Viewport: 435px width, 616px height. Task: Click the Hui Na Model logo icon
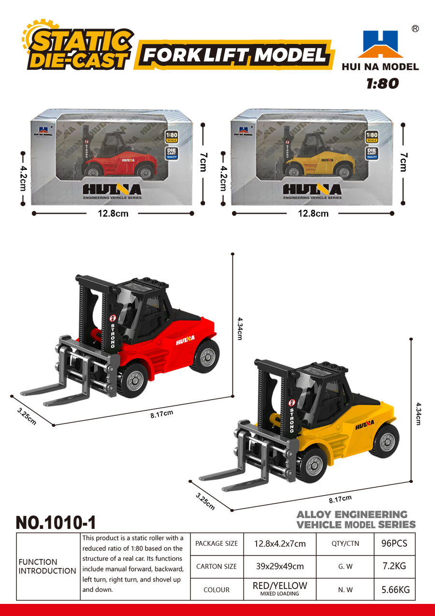[x=380, y=44]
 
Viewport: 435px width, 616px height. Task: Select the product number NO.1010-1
[x=56, y=522]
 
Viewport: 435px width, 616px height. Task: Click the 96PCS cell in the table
[x=394, y=543]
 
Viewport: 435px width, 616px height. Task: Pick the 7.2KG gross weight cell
[x=394, y=566]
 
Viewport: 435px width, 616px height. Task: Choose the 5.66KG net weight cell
[x=394, y=589]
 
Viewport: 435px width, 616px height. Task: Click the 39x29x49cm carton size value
[x=280, y=566]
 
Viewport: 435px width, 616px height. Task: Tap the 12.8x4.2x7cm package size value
[x=280, y=543]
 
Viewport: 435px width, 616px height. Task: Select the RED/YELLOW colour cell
[x=280, y=588]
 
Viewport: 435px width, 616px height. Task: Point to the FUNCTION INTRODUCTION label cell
[x=47, y=566]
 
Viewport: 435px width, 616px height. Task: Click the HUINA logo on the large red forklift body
[x=185, y=340]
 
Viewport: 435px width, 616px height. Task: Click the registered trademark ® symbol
[x=415, y=29]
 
